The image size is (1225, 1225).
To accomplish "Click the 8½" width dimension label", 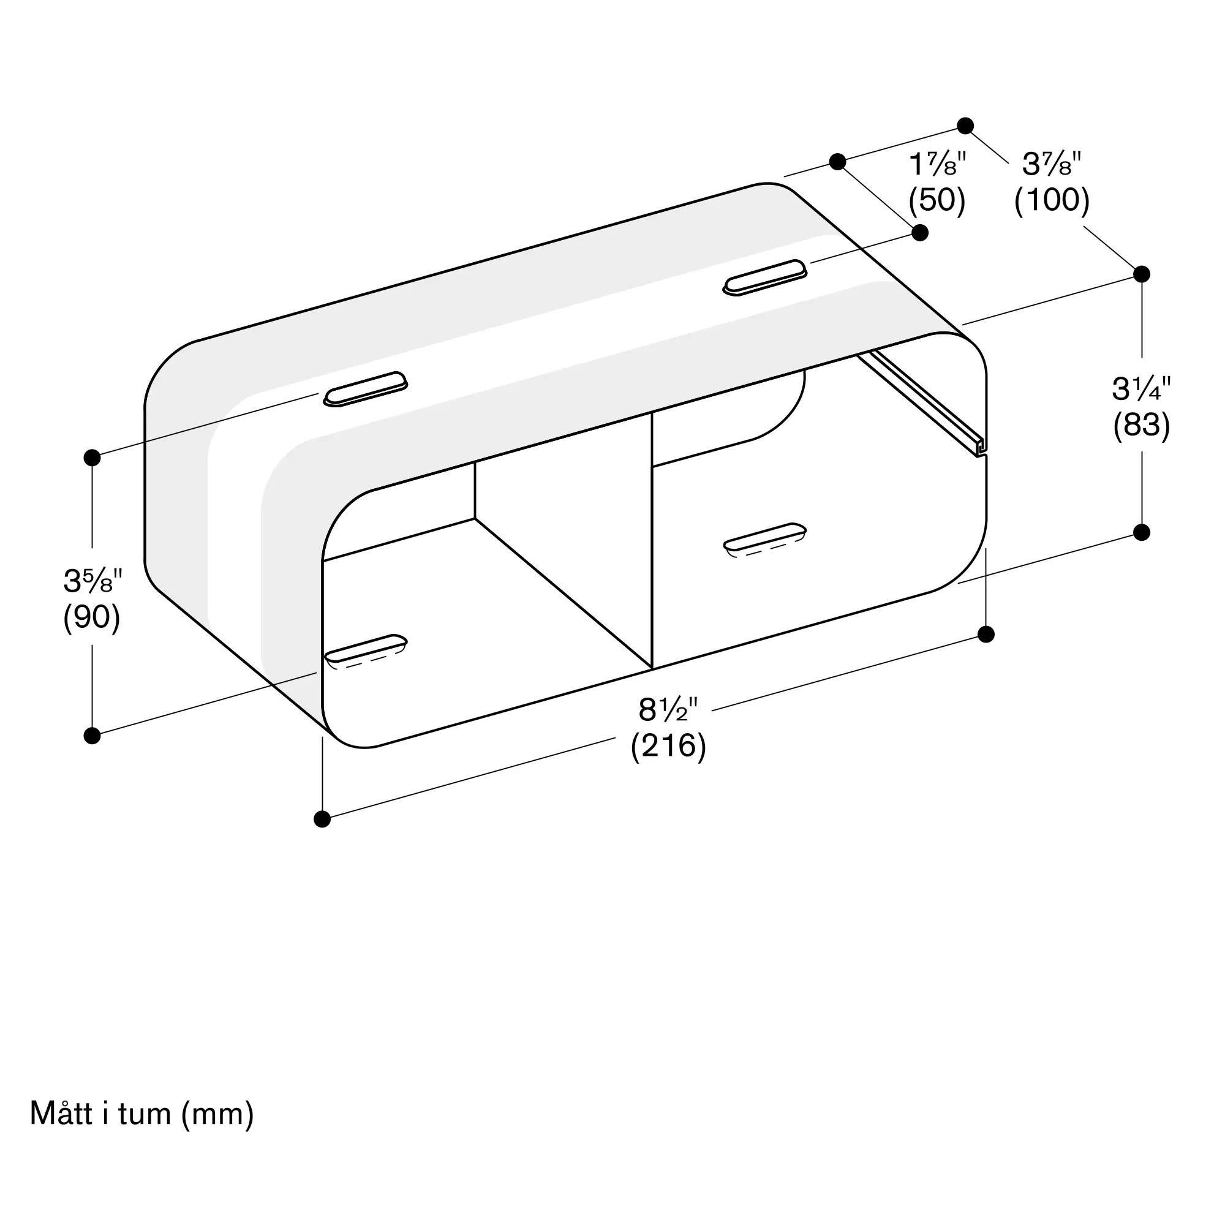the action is coord(668,709).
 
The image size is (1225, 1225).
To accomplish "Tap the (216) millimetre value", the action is coord(668,745).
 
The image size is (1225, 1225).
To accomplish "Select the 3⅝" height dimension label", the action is coord(92,580).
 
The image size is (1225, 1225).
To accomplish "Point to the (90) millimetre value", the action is coord(92,616).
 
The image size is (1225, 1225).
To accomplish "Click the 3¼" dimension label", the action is coord(1141,389).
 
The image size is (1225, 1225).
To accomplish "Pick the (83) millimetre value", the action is coord(1141,425).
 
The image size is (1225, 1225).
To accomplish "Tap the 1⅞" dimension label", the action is coord(938,164).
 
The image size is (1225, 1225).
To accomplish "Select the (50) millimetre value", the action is coord(937,200).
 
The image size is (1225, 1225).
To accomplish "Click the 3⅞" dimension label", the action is coord(1051,164).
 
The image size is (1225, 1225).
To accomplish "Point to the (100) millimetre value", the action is coord(1052,200).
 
